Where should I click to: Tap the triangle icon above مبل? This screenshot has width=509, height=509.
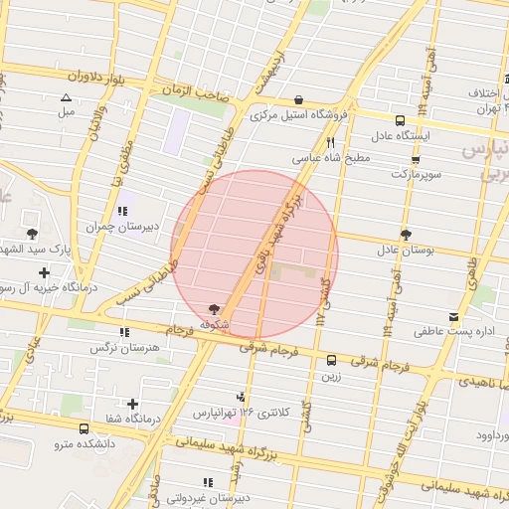click(x=66, y=97)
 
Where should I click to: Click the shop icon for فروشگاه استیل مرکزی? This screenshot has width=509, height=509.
click(x=299, y=99)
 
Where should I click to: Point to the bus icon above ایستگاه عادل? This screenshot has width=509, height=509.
click(x=400, y=119)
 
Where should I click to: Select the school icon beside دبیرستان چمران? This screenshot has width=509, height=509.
click(x=122, y=211)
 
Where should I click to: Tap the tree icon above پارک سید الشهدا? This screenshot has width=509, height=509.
click(x=33, y=234)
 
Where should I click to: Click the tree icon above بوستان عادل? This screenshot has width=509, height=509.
click(x=406, y=234)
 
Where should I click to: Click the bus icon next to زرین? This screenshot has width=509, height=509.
click(x=331, y=361)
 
